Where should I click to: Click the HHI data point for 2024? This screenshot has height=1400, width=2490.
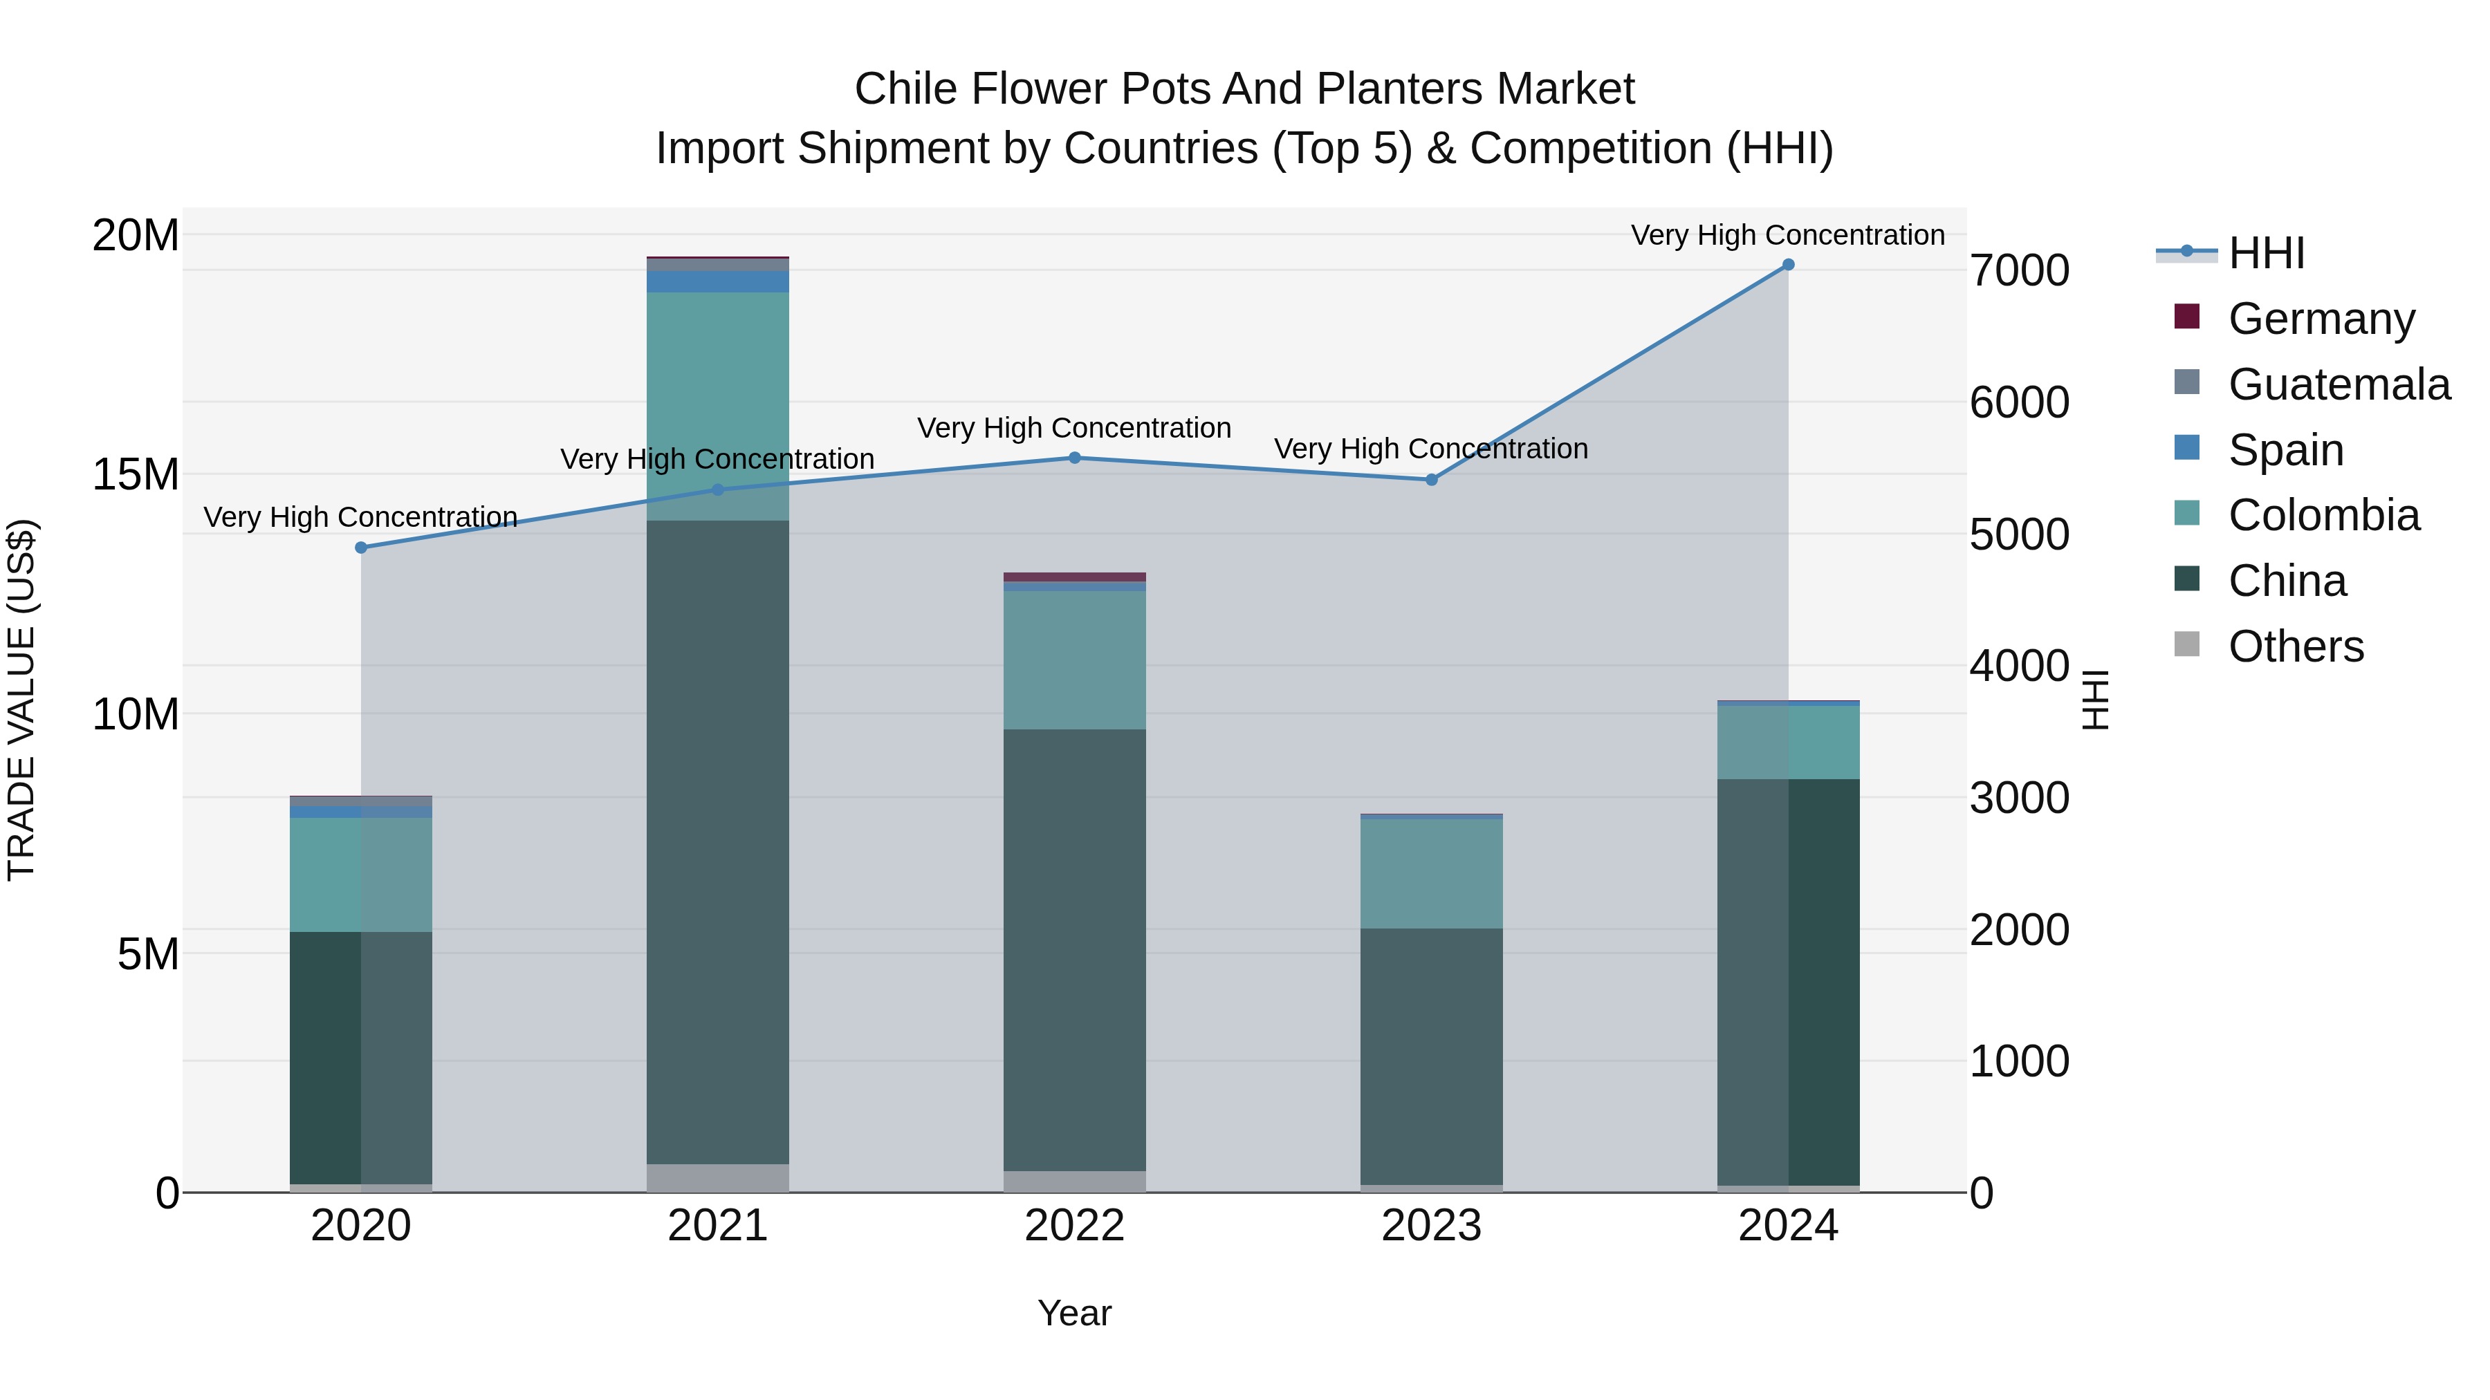[1787, 265]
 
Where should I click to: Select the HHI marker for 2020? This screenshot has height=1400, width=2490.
[362, 548]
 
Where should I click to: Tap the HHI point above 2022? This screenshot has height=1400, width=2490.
[1074, 458]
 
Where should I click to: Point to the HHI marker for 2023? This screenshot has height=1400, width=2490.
[1432, 480]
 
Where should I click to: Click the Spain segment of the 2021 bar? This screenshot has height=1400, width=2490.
[717, 281]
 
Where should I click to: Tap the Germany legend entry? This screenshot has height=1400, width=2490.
[2321, 319]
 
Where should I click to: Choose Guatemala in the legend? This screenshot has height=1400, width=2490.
[2339, 384]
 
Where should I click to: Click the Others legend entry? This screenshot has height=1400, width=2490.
[2296, 646]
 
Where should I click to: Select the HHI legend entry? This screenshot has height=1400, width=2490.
[2266, 253]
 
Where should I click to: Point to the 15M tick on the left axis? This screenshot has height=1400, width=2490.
[136, 474]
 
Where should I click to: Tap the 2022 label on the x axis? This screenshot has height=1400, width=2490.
[1074, 1226]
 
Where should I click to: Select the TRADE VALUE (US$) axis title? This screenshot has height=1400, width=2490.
[21, 700]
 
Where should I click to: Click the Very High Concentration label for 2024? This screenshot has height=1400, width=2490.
[1787, 235]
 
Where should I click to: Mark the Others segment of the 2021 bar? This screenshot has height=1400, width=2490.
[717, 1178]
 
